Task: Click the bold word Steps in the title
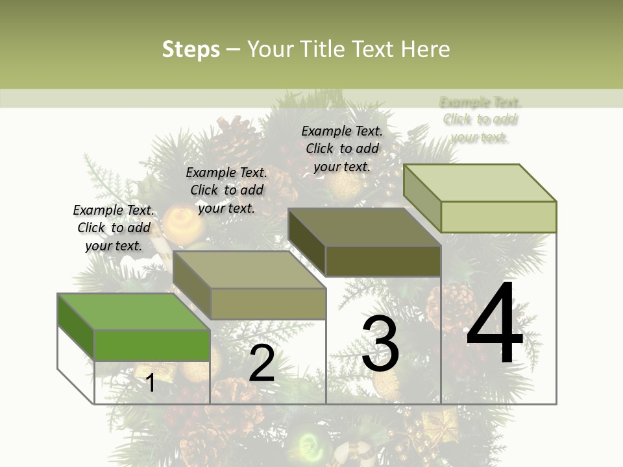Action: click(191, 49)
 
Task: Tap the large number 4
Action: click(495, 322)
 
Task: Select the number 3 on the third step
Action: click(380, 344)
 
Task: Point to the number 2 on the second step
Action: click(262, 363)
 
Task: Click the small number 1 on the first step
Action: click(150, 383)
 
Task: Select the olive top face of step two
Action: click(250, 270)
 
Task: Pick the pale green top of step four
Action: click(480, 183)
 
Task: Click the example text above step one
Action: click(114, 228)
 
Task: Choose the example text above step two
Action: click(226, 190)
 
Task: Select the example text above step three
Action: click(342, 149)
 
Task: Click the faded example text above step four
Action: click(480, 119)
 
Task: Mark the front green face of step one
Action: click(153, 345)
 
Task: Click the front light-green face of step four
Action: click(498, 217)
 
